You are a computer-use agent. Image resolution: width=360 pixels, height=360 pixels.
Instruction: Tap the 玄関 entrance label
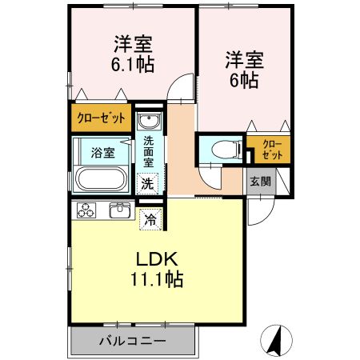260,181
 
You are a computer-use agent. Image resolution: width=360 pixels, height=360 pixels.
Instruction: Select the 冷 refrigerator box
150,216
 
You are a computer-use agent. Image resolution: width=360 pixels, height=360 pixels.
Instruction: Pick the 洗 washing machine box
148,183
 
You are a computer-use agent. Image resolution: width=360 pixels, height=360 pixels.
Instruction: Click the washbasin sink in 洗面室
148,122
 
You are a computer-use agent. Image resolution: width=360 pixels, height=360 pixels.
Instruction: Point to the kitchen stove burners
87,210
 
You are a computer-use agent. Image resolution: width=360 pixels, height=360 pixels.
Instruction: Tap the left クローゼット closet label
101,118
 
